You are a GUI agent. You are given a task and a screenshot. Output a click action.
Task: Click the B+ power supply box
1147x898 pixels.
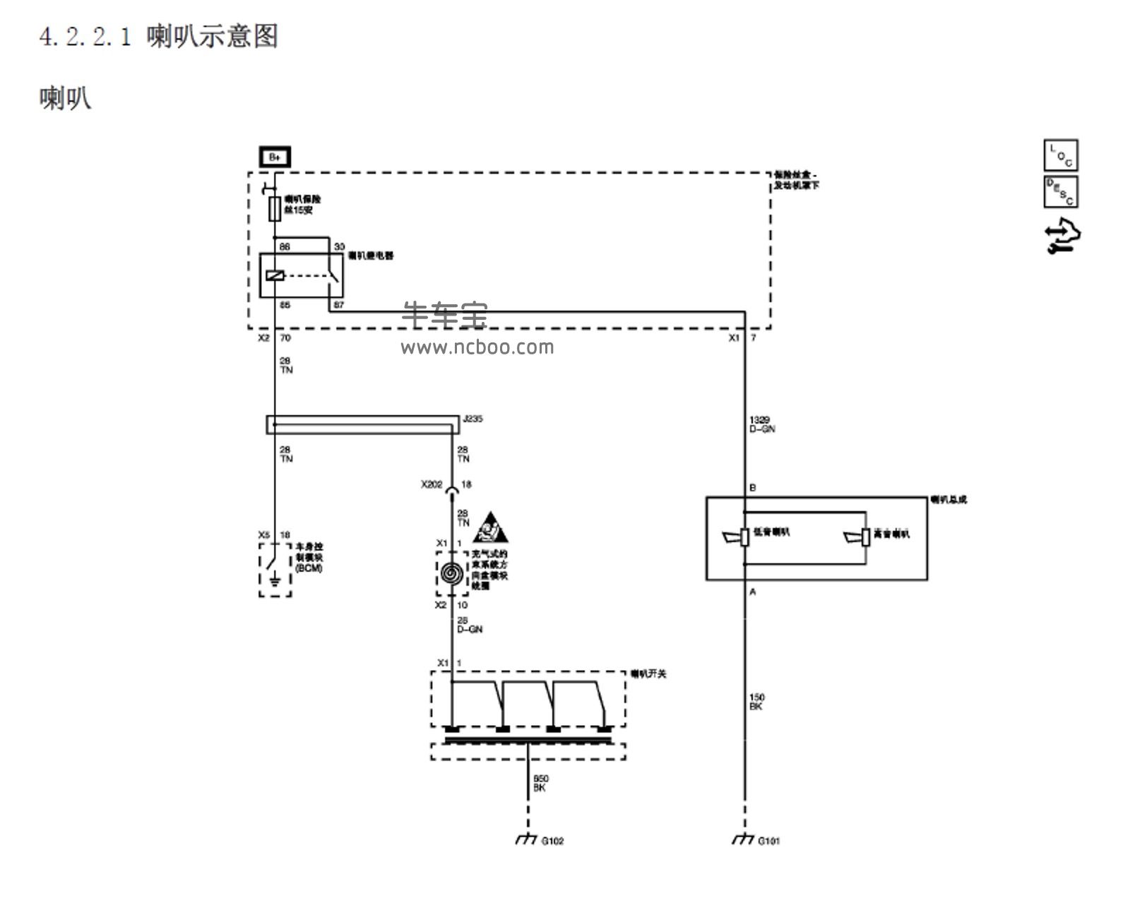275,157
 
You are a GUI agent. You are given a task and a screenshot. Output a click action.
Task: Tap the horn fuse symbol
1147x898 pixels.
275,210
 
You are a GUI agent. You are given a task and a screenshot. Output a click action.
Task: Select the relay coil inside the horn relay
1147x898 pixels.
275,275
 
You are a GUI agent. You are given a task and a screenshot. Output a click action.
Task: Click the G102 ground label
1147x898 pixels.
552,841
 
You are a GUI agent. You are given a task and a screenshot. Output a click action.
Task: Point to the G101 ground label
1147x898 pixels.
769,841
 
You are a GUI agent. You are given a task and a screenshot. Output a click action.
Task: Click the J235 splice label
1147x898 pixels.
473,419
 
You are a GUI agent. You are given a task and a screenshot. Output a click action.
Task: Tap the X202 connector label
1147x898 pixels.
432,485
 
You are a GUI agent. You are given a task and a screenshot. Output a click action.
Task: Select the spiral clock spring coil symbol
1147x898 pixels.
452,573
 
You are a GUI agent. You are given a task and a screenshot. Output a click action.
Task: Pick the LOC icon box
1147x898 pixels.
1060,155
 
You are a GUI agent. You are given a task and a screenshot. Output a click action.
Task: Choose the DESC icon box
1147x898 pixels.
1060,191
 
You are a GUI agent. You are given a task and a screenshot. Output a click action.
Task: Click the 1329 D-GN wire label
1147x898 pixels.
761,424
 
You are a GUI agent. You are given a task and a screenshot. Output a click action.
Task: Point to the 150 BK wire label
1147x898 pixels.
756,702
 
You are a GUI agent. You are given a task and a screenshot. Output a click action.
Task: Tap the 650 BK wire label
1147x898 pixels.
540,783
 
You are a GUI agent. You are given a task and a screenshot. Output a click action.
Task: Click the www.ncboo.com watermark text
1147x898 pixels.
477,347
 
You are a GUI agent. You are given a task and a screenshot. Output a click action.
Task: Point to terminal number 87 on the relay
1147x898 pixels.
339,305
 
